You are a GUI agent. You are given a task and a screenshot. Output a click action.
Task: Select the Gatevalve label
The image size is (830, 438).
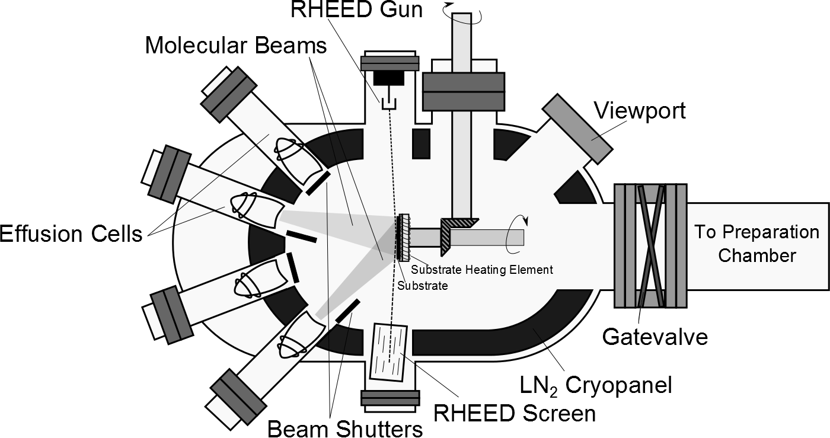[x=655, y=336]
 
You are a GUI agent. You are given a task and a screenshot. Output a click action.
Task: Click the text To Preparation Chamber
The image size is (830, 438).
[x=756, y=244]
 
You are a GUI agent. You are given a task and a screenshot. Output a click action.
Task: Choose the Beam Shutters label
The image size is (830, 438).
[x=345, y=428]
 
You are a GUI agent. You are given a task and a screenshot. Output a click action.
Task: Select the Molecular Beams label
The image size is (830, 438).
[x=236, y=45]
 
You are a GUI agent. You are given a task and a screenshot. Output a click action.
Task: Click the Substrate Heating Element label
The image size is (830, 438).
[x=482, y=270]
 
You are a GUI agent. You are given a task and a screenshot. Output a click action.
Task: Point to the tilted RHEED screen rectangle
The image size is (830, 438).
[x=389, y=352]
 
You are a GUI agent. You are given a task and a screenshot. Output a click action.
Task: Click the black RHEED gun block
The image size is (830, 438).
[x=390, y=78]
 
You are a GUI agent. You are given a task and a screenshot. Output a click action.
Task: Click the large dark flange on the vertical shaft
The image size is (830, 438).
[x=463, y=91]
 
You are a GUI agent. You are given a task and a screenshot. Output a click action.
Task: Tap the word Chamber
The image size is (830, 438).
[x=756, y=255]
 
